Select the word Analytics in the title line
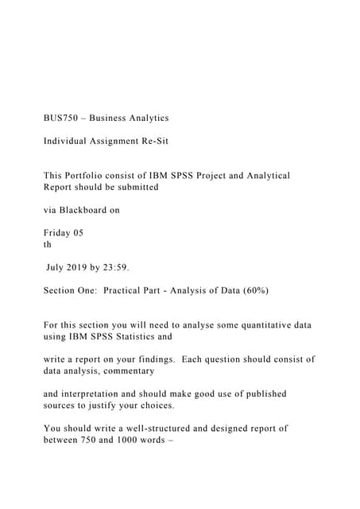click(x=145, y=118)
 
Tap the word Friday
click(x=57, y=233)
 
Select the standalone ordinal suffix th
click(x=48, y=245)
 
